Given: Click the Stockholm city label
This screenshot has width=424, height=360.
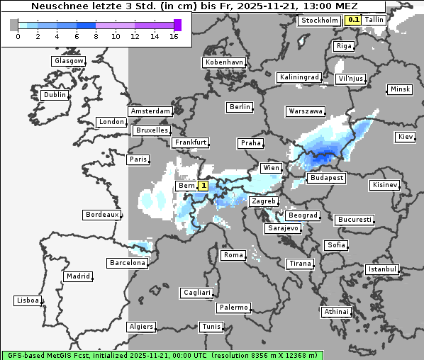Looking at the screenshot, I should click(x=319, y=21).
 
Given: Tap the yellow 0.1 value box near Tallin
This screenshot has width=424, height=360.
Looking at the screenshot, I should click(x=352, y=20).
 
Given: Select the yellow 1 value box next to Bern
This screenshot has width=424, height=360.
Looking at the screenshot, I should click(x=203, y=186).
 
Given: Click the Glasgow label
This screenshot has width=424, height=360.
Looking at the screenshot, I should click(x=69, y=61).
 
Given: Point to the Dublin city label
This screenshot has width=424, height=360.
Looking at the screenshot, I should click(x=55, y=95).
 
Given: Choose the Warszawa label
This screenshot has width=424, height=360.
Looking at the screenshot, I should click(x=306, y=111).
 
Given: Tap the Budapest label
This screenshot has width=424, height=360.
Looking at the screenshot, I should click(x=326, y=178).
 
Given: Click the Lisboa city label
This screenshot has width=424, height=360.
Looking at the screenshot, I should click(x=28, y=300).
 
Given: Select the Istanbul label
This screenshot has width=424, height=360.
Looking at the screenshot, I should click(x=382, y=269).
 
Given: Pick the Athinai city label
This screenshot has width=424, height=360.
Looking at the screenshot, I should click(x=336, y=312).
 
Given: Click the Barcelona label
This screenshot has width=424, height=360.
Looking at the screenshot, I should click(x=128, y=263).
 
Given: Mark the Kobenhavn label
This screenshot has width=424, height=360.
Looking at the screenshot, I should click(x=224, y=62).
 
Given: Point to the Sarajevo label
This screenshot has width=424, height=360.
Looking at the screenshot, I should click(x=283, y=228).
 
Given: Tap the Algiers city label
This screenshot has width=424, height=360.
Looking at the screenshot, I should click(x=140, y=327).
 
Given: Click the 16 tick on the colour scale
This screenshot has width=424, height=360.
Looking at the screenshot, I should click(x=174, y=35).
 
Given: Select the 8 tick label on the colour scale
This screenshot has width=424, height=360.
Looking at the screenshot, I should click(x=96, y=35).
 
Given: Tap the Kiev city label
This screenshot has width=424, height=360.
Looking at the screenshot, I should click(x=406, y=136).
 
